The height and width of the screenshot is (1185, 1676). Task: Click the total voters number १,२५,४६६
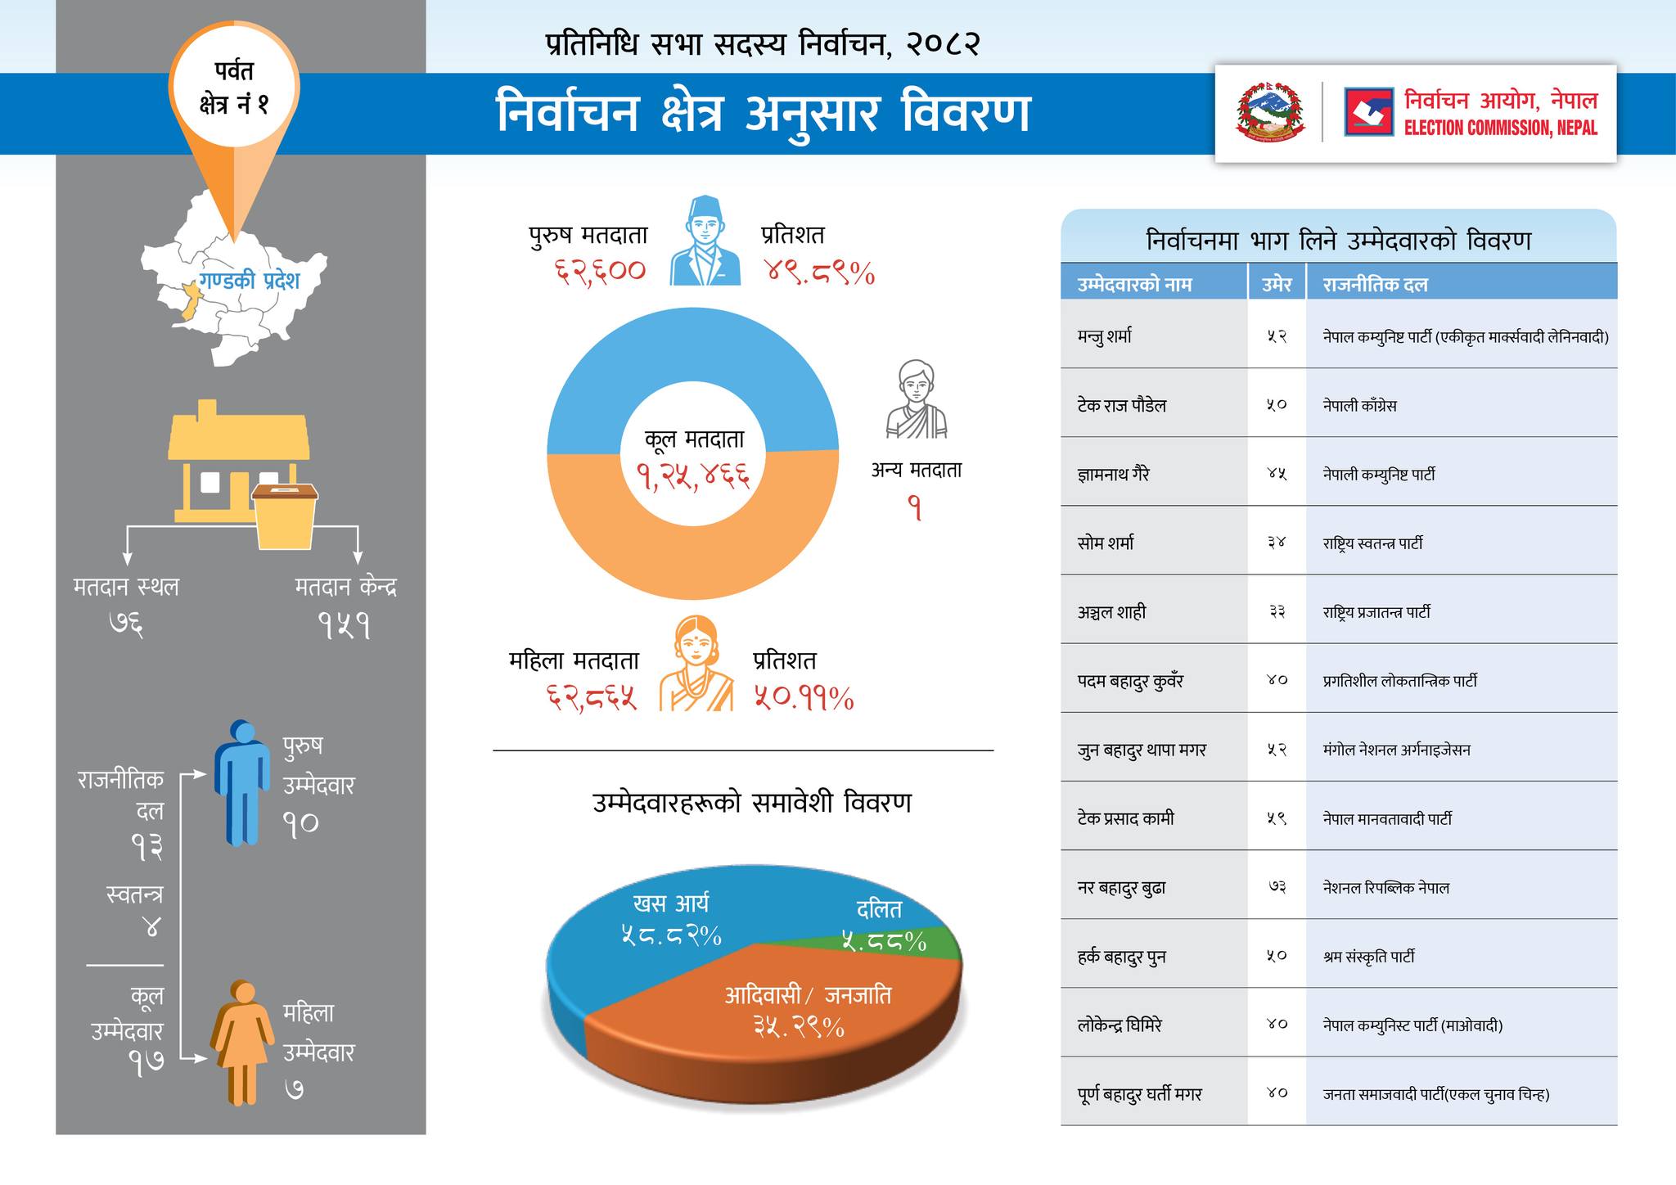tap(694, 475)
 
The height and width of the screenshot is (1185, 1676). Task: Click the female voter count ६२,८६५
tap(592, 698)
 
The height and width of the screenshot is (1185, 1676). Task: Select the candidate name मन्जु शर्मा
tap(1105, 336)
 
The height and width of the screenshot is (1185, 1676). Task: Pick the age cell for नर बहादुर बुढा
tap(1277, 887)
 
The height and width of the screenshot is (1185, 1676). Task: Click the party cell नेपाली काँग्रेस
tap(1359, 405)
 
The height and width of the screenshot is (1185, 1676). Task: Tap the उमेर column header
tap(1277, 285)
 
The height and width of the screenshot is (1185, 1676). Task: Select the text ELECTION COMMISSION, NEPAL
tap(1500, 128)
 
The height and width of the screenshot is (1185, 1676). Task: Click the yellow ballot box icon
tap(285, 516)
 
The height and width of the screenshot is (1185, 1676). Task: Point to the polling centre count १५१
tap(345, 627)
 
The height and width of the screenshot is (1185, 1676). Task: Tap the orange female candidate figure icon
tap(242, 1043)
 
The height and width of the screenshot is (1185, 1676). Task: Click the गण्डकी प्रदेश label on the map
tap(250, 281)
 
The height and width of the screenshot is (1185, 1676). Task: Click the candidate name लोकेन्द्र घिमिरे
tap(1119, 1025)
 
